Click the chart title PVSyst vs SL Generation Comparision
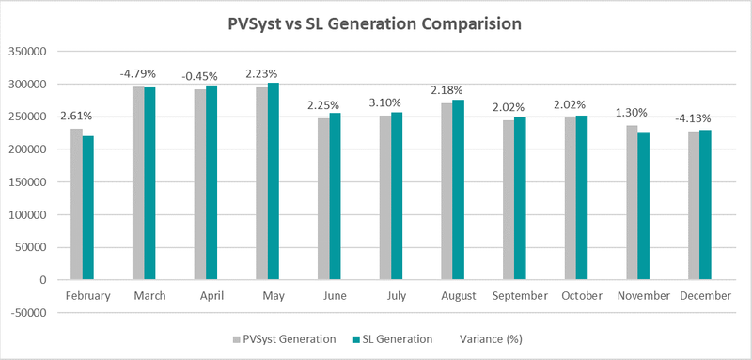pyautogui.click(x=376, y=22)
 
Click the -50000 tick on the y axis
pyautogui.click(x=25, y=312)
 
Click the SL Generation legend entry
pyautogui.click(x=393, y=338)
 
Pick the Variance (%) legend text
pyautogui.click(x=494, y=338)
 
